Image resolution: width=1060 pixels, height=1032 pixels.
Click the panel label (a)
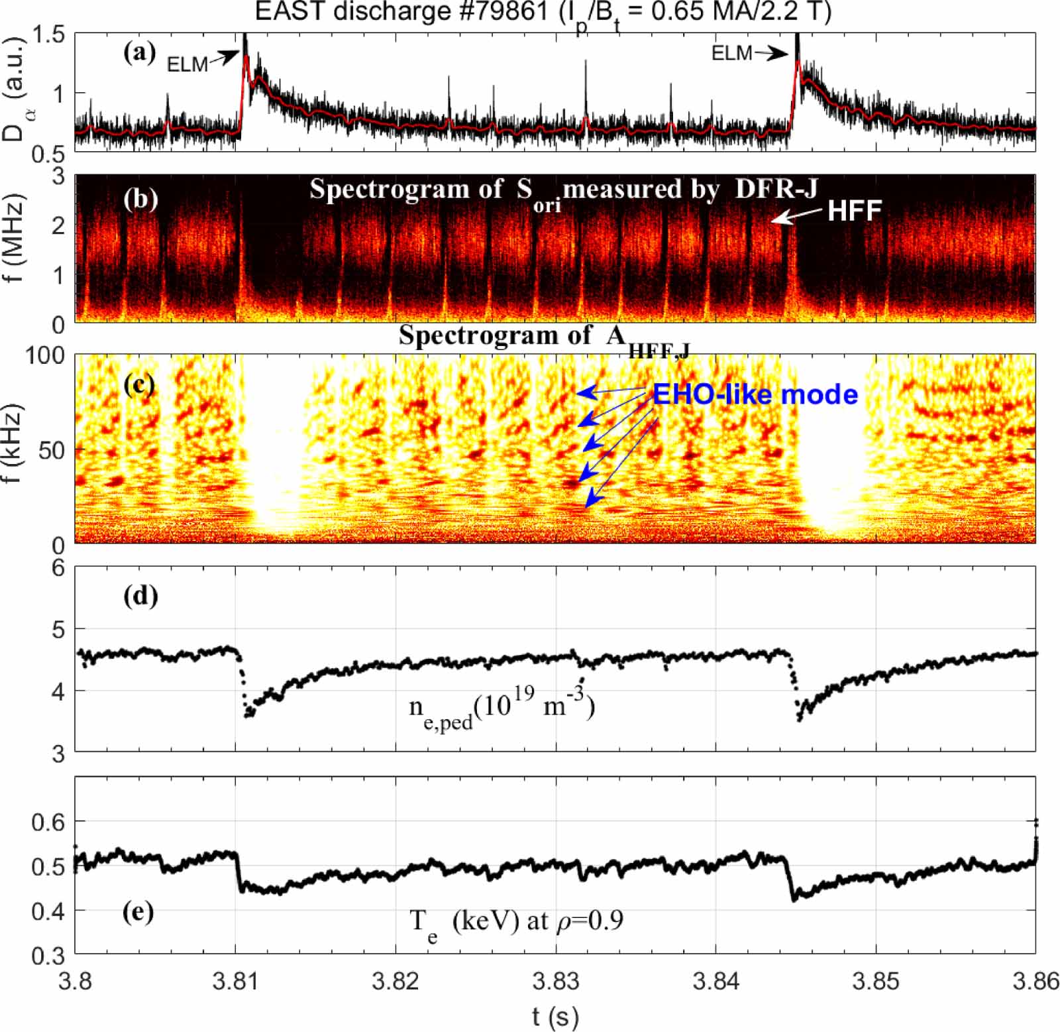coord(139,52)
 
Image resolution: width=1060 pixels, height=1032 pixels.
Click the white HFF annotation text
coord(854,211)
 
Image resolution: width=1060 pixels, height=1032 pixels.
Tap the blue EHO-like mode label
coord(755,395)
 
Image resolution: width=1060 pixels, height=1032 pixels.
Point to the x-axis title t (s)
coord(555,1015)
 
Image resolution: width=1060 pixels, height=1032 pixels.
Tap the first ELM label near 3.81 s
coord(187,64)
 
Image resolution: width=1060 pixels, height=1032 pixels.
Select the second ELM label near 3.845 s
coord(731,53)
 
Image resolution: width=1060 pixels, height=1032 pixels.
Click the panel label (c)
coord(139,384)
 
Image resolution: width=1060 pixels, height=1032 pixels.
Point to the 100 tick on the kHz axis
coord(45,356)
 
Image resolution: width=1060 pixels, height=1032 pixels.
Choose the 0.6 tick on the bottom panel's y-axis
coord(49,822)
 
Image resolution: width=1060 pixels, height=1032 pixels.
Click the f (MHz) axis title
coord(15,239)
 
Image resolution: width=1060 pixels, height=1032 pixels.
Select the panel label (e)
coord(138,912)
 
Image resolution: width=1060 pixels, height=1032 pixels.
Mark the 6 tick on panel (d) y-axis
coord(58,569)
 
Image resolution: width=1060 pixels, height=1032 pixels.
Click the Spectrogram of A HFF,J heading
coord(543,338)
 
